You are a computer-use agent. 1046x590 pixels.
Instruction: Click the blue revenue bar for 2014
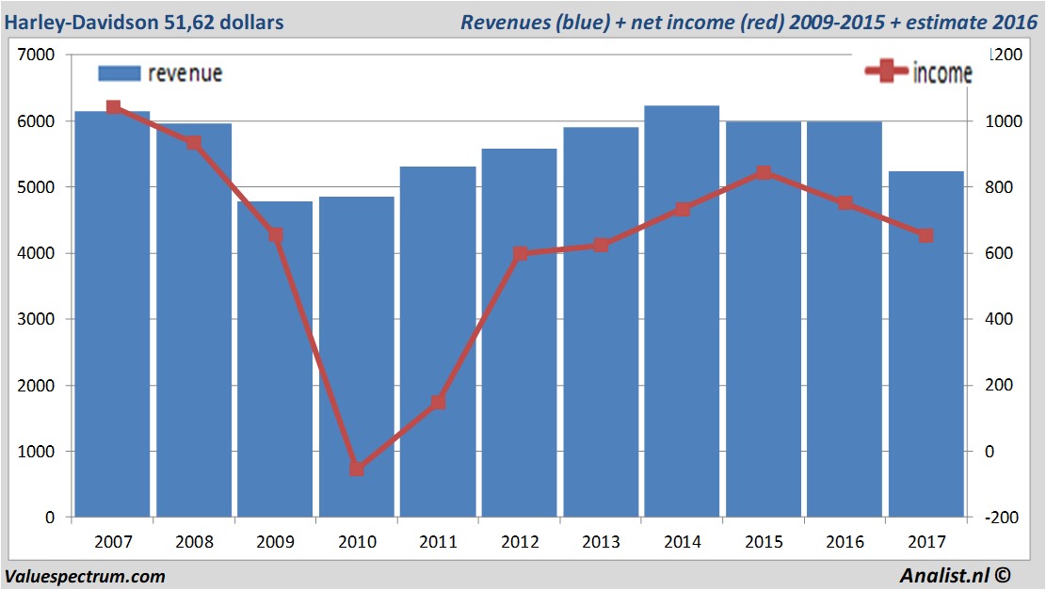683,311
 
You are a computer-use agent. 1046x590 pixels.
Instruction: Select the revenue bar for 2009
276,358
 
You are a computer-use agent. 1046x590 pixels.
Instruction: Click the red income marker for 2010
357,469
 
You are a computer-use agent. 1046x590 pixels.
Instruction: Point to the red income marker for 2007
113,107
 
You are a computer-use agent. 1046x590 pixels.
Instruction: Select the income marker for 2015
764,173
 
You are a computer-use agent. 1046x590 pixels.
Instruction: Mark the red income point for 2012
520,253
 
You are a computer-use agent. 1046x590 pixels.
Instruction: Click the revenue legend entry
161,73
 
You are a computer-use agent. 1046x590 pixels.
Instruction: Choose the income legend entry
919,72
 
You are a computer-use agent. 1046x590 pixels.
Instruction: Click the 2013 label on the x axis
601,542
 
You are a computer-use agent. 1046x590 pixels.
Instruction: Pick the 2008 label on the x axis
194,542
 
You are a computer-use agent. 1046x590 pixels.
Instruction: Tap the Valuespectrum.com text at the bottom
85,576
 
